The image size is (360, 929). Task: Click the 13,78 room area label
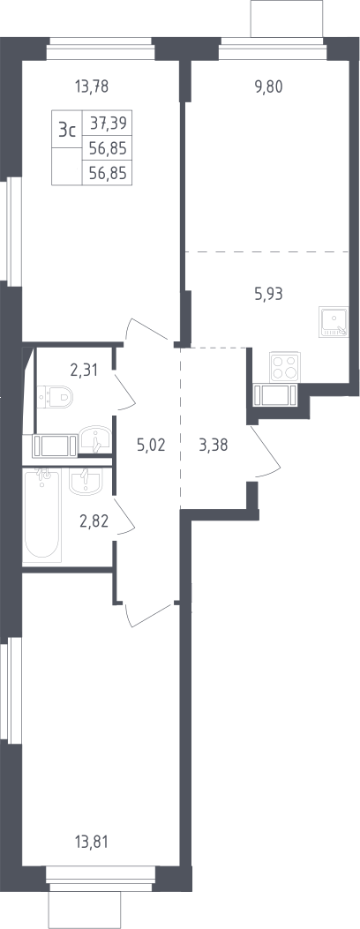click(x=92, y=87)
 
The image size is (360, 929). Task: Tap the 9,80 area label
click(x=268, y=87)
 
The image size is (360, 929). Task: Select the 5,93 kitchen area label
click(x=268, y=293)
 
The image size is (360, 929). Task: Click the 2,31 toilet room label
click(x=84, y=371)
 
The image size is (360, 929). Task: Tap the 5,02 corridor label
click(x=150, y=445)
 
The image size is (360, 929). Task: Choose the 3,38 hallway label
click(x=214, y=445)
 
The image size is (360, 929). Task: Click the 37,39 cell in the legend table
click(x=108, y=123)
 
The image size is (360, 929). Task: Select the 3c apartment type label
click(x=66, y=130)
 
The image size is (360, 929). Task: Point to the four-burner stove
click(x=285, y=366)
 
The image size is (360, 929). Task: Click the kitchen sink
click(x=334, y=322)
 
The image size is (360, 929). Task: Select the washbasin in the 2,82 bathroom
click(x=86, y=481)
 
